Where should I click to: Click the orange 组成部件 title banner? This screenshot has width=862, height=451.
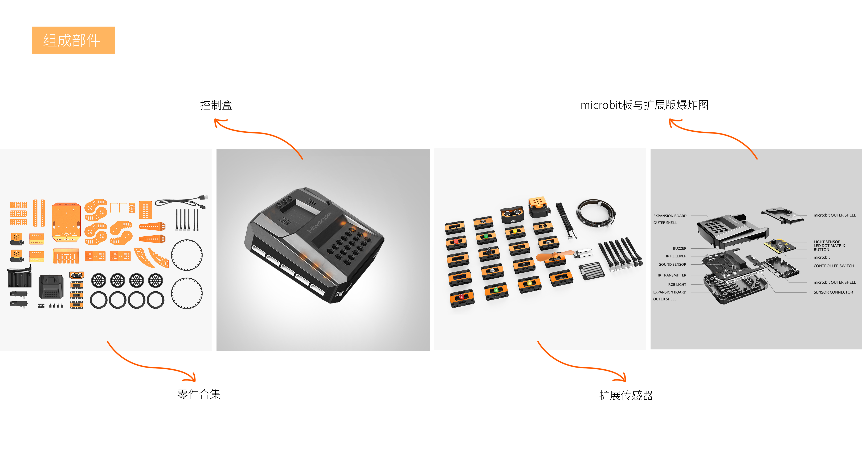click(73, 40)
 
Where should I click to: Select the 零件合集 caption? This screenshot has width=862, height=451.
click(199, 394)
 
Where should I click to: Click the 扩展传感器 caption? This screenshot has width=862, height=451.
click(626, 395)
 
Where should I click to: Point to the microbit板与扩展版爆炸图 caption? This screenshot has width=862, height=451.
click(644, 105)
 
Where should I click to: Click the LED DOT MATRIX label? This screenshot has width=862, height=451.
click(829, 246)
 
